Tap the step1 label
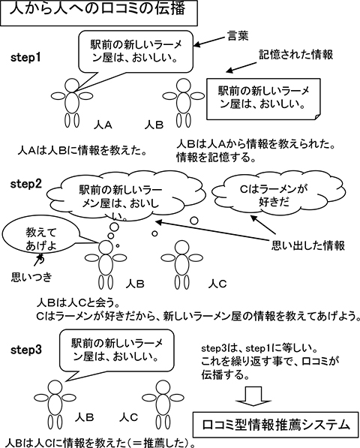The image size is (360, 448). [25, 58]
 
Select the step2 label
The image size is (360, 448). [26, 184]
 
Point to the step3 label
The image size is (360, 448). [26, 350]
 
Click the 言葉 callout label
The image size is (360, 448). [238, 36]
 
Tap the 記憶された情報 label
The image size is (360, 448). [295, 55]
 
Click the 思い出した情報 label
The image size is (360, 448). [308, 245]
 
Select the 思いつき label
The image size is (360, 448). [32, 277]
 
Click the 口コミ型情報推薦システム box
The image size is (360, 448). [275, 425]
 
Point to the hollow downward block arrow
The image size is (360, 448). [253, 396]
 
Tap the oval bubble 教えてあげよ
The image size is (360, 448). [41, 239]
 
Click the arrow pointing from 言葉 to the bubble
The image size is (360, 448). [209, 41]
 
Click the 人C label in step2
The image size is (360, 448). [217, 284]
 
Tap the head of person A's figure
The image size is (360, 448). [71, 85]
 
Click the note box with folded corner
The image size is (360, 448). [263, 99]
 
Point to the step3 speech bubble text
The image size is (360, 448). [115, 350]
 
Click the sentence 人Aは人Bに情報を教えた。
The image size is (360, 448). [82, 150]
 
